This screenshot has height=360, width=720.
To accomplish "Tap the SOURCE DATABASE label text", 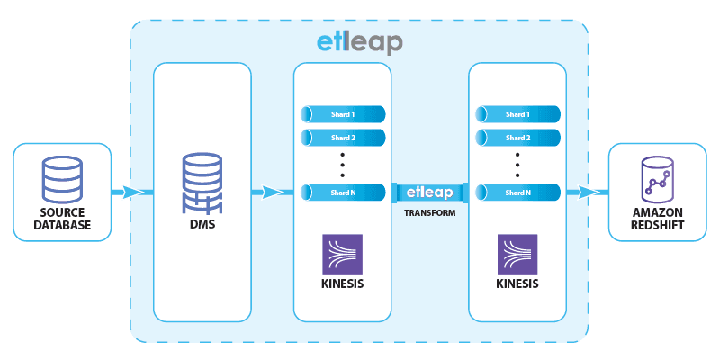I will pos(63,219).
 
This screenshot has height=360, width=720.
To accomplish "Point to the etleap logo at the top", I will pos(360,41).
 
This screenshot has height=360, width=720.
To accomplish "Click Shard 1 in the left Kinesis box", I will pos(343,114).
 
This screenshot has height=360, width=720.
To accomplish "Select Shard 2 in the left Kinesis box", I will pos(343,138).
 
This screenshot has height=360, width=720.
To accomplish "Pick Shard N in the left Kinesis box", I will pos(343,191).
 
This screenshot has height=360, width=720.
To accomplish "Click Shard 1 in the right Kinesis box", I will pos(517,114).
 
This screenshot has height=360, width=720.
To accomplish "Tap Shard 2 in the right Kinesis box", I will pos(517,138).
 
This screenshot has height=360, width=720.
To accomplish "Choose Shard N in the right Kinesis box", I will pos(517,191).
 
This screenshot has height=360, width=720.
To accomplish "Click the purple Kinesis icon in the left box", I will pos(343,254).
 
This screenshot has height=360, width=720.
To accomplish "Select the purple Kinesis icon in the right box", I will pos(517,254).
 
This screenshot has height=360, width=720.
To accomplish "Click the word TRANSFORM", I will pos(430,214).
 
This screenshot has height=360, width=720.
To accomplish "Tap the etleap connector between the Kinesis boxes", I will pos(430,192).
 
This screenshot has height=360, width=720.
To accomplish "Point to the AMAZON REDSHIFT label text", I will pos(658,219).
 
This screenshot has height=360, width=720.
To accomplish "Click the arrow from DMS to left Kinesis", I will pos(272,192).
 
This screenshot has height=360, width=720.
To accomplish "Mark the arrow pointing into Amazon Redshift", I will pos(590,192).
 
